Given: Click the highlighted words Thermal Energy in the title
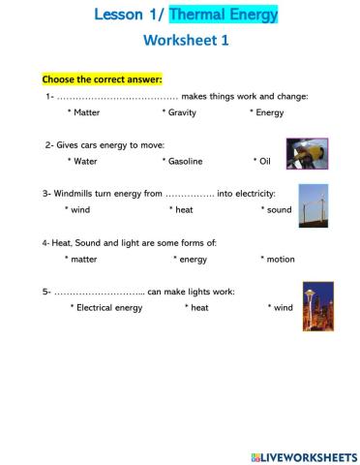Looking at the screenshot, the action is coord(224,15).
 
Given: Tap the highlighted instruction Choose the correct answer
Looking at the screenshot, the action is coord(102,77).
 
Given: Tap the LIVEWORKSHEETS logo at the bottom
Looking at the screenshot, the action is coord(301,455).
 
